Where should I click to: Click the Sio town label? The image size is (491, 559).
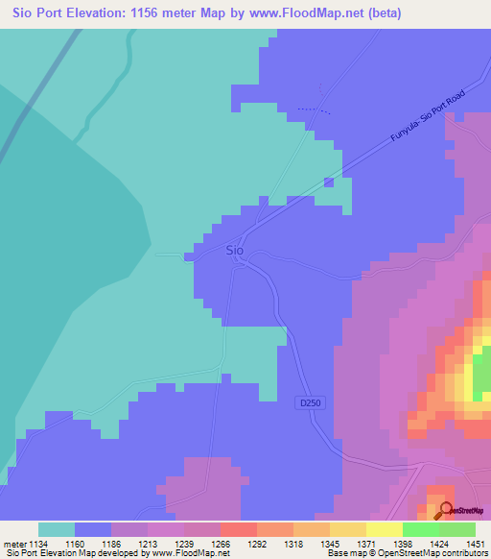point(234,251)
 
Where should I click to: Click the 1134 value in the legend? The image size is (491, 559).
point(39,544)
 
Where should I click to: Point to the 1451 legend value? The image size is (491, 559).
point(476,544)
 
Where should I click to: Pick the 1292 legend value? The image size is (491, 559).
point(258,544)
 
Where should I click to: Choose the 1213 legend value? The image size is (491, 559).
point(149,544)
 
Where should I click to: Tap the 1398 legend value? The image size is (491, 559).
point(404,544)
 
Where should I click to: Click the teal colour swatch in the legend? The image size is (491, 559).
point(57,529)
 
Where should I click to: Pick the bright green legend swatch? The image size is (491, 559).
point(420,529)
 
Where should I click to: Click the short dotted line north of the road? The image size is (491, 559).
point(313,109)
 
